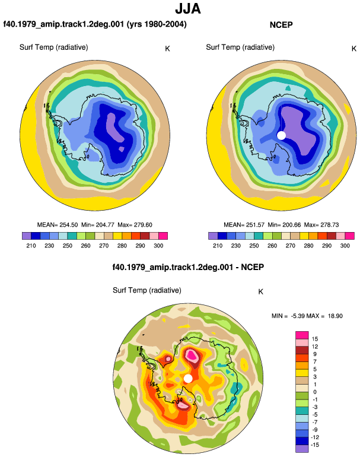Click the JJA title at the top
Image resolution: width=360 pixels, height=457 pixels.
[188, 9]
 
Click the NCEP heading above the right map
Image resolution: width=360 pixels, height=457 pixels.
[281, 25]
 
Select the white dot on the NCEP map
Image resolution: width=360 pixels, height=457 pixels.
[281, 135]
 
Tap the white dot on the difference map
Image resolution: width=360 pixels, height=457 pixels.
[188, 379]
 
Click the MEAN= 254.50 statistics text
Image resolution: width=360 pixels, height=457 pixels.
[58, 225]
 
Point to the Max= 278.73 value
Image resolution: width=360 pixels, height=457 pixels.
[321, 225]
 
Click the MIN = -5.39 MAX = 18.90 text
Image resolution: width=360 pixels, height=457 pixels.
[307, 316]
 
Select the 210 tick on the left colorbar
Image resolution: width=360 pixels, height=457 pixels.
[31, 246]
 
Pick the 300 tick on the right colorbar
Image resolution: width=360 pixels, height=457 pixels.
[345, 246]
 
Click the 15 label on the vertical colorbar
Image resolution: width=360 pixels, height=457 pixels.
[315, 339]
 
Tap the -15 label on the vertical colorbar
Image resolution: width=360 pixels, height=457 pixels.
[315, 445]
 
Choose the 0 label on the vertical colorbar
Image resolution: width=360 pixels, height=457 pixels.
[315, 392]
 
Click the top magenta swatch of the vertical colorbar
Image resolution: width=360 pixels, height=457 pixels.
[302, 335]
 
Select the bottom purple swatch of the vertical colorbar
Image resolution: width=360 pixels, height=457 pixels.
[302, 449]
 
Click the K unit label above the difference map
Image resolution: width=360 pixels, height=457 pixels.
[261, 292]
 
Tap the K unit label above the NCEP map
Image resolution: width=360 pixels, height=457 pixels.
[354, 49]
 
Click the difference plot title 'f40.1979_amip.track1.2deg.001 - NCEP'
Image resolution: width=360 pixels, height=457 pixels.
[188, 267]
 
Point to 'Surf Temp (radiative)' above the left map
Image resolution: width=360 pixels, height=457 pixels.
[53, 47]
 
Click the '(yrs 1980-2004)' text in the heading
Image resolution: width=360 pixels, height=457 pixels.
[157, 24]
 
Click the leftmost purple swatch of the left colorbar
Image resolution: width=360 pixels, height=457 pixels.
[27, 236]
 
